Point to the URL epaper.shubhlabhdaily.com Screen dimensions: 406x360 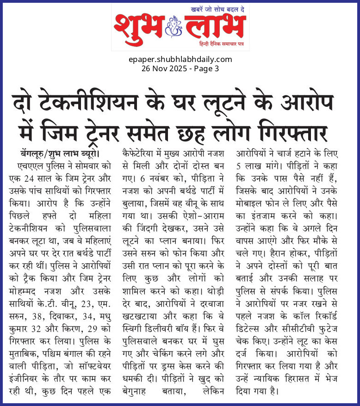click(180, 59)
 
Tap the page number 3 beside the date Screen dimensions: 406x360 click(216, 68)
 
